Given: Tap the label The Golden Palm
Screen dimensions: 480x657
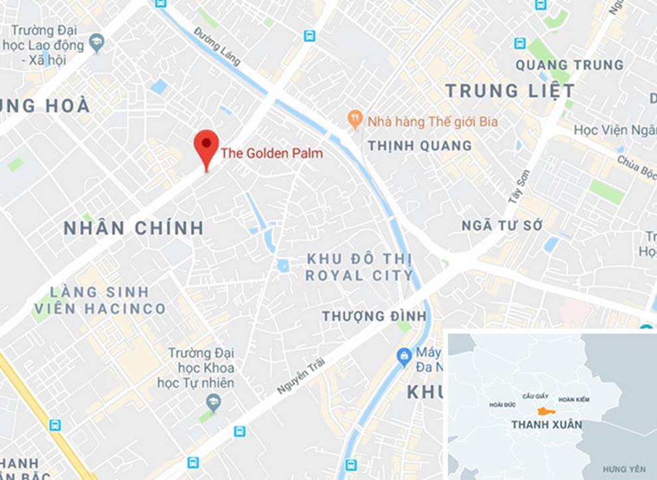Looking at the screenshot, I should click(x=272, y=153).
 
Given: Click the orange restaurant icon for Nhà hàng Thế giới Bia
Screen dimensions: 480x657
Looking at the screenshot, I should click(x=355, y=120).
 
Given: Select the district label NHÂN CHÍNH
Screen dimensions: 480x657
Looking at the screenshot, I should click(x=134, y=228).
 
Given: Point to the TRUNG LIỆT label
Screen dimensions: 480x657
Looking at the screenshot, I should click(x=510, y=91).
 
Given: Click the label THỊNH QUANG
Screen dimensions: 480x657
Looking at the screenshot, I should click(x=420, y=145).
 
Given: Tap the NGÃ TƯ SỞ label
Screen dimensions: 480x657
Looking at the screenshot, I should click(x=502, y=226).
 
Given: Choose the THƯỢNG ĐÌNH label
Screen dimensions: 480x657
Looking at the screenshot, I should click(x=373, y=317).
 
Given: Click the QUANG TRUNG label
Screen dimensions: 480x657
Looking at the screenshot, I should click(x=569, y=65).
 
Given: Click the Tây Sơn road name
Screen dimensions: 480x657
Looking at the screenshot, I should click(x=521, y=187).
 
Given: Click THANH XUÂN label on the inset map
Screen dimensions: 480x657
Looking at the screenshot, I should click(x=546, y=425).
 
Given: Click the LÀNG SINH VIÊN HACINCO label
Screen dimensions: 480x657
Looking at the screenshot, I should click(x=100, y=300).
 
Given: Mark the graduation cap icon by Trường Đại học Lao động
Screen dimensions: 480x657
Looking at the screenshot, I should click(x=98, y=42).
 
